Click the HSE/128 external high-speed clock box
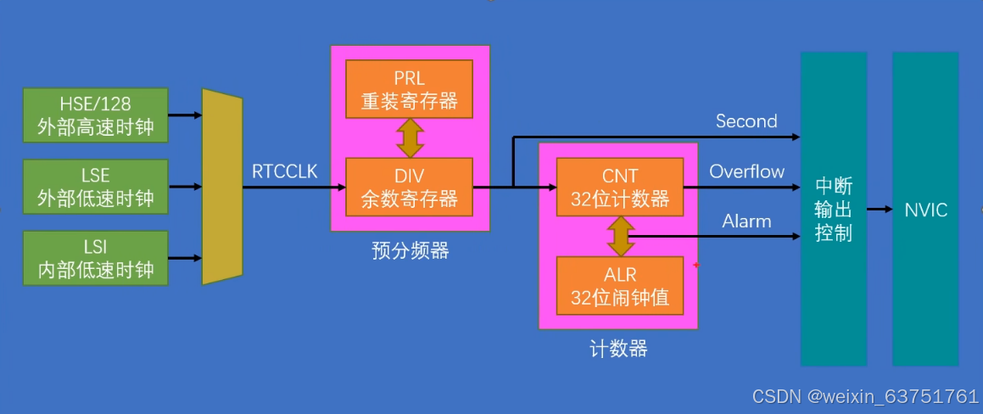[x=95, y=115]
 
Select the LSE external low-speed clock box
[x=95, y=186]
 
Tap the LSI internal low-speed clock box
[x=95, y=257]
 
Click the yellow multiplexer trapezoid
[x=222, y=186]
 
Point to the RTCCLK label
[x=284, y=171]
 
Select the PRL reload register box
[x=409, y=89]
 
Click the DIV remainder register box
[x=409, y=187]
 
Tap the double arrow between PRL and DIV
[x=410, y=137]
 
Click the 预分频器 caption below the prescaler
[x=410, y=251]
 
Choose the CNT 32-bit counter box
[x=619, y=187]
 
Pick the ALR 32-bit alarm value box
[x=619, y=286]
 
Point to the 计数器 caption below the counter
[x=618, y=349]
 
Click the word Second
[x=746, y=121]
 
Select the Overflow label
[x=746, y=171]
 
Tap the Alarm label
[x=746, y=221]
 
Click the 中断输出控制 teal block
[x=834, y=209]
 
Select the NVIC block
[x=926, y=209]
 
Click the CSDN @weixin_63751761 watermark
[x=865, y=396]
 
